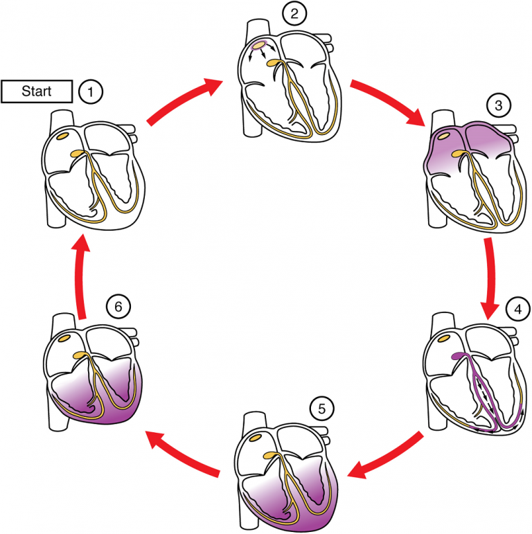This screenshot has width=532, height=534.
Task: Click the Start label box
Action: pos(37,91)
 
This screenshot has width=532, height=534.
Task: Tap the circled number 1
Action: pos(90,91)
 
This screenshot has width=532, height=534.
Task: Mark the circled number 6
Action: pos(116,305)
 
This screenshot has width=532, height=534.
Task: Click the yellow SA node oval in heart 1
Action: pos(67,135)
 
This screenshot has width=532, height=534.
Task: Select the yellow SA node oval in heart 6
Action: pos(67,339)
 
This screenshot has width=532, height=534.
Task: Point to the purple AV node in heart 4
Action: pos(457,358)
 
